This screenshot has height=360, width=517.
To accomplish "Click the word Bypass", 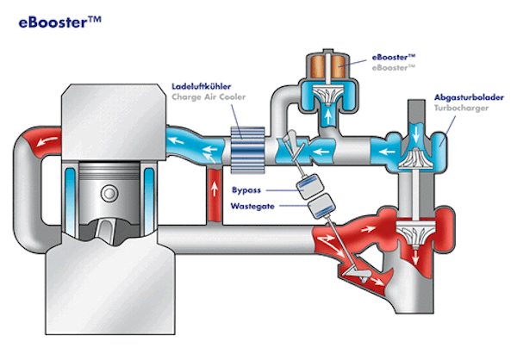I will [x=246, y=189].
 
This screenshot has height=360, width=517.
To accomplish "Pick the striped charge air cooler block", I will [x=247, y=144].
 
